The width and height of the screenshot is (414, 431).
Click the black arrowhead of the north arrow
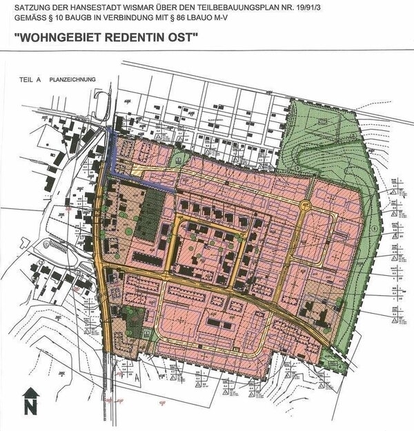(x=30, y=394)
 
